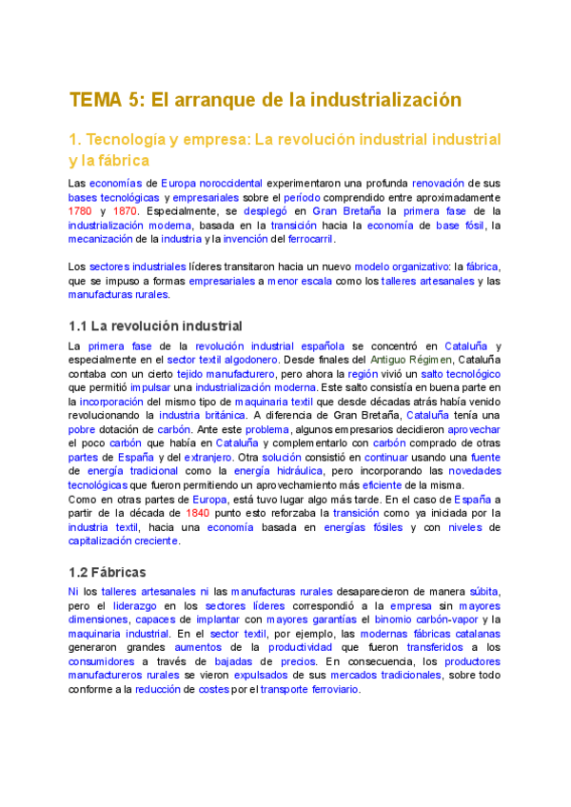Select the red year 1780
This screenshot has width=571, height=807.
80,210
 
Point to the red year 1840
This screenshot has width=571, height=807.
198,511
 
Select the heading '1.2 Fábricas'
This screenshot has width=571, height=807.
108,572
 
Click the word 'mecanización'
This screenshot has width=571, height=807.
102,239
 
